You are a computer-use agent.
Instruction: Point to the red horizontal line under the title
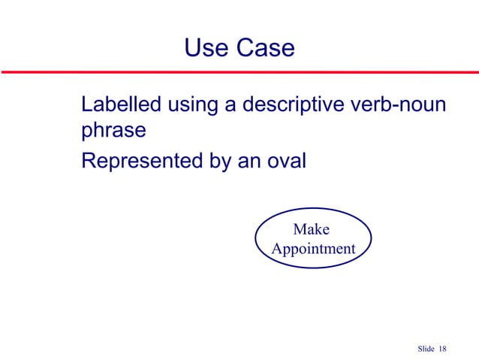point(239,73)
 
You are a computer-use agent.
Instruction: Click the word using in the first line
point(191,105)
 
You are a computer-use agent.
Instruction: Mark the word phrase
point(113,132)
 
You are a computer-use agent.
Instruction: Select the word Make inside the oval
point(311,229)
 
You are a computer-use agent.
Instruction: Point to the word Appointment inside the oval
point(313,248)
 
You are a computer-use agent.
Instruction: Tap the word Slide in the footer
point(424,346)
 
